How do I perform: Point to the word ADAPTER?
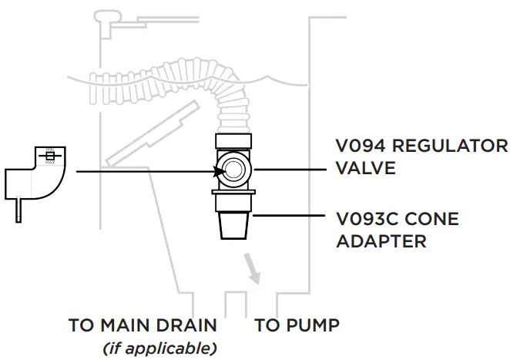coord(382,241)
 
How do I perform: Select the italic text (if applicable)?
coord(159,348)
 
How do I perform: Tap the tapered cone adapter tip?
coord(233,227)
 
